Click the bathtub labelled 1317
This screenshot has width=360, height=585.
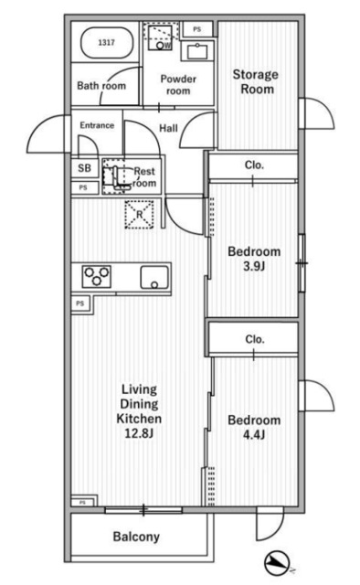[107, 43]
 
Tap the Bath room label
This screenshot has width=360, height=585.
[101, 86]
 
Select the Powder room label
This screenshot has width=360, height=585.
[178, 85]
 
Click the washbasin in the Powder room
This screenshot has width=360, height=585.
[197, 51]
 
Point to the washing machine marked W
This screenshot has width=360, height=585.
[160, 37]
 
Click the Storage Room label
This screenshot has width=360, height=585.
[256, 81]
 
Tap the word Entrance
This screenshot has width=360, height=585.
[97, 125]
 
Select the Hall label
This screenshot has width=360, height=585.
[168, 128]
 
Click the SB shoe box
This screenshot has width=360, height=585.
[85, 168]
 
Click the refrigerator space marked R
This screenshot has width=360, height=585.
[139, 215]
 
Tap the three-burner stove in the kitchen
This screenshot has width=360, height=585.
[97, 276]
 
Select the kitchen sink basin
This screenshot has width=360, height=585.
[154, 278]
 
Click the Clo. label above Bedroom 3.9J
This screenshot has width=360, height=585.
[254, 165]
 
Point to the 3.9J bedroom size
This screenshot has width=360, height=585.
[254, 266]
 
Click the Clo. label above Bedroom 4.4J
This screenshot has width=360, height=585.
[255, 339]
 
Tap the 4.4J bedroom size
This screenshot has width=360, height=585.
[254, 435]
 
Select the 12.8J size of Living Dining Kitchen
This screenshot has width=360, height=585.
[139, 433]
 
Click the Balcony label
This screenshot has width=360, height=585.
[136, 537]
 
